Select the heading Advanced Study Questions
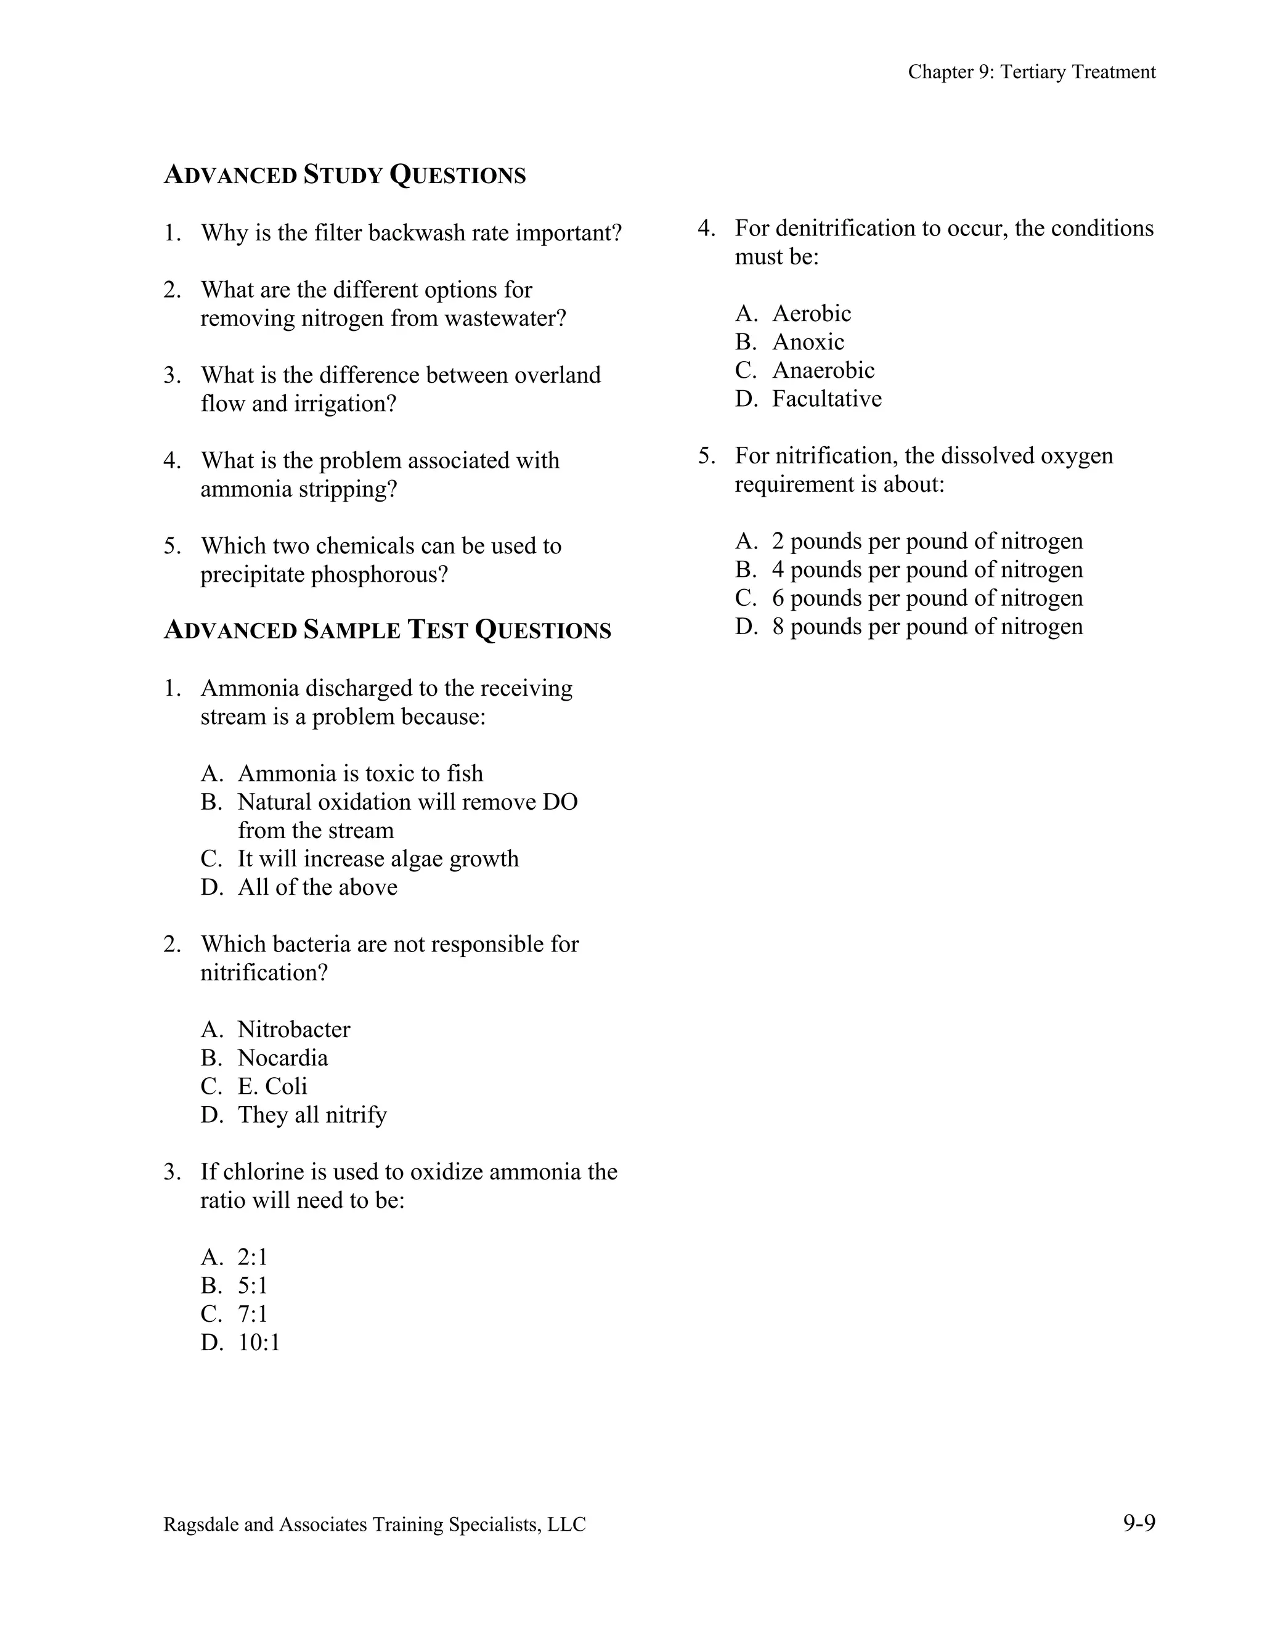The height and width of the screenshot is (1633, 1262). coord(344,175)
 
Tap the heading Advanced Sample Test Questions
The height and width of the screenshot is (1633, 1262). coord(386,630)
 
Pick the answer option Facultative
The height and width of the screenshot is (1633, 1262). coord(826,399)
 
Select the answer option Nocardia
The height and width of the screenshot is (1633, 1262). coord(283,1058)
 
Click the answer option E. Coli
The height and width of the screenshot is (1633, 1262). coord(272,1086)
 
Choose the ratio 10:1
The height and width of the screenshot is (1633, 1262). coord(259,1342)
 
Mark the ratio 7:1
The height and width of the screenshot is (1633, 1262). coord(252,1314)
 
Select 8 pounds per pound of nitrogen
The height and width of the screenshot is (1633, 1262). coord(926,627)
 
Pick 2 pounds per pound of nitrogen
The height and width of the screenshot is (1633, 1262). coord(926,541)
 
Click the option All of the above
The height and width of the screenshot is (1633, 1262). coord(317,887)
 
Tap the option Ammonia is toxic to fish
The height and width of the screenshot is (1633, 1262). coord(360,773)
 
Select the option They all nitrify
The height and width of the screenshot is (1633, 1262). coord(312,1115)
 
